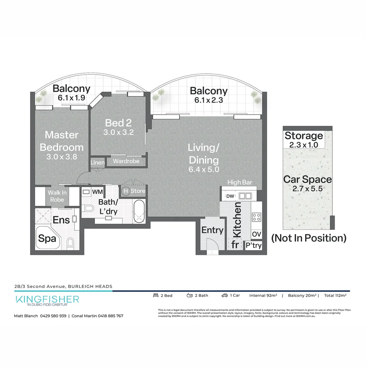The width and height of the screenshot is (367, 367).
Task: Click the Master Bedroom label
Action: click(x=62, y=141)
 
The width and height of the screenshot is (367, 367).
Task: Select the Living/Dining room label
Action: click(x=204, y=154)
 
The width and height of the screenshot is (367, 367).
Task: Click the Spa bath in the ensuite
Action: click(x=47, y=238)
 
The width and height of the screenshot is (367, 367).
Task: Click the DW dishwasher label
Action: click(x=230, y=196)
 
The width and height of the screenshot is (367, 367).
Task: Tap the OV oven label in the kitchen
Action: click(x=256, y=234)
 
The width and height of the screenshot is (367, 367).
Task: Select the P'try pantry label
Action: click(x=254, y=245)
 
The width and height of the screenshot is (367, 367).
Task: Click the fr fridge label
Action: click(x=234, y=245)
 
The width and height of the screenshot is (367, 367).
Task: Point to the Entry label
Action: click(x=212, y=230)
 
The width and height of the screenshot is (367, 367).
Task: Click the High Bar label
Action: click(x=240, y=182)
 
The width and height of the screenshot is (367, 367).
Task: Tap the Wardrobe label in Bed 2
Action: click(x=126, y=161)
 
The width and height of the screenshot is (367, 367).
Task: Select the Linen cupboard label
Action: click(x=98, y=162)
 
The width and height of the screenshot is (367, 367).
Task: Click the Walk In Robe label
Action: click(x=57, y=196)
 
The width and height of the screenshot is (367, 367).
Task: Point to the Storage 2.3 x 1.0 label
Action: click(x=304, y=139)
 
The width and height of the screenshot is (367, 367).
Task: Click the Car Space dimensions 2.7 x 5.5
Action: click(x=307, y=188)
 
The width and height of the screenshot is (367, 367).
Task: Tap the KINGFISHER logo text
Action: click(x=47, y=299)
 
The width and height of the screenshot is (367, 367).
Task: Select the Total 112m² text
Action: click(x=335, y=295)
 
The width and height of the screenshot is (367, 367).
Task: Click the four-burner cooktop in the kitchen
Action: click(x=256, y=216)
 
